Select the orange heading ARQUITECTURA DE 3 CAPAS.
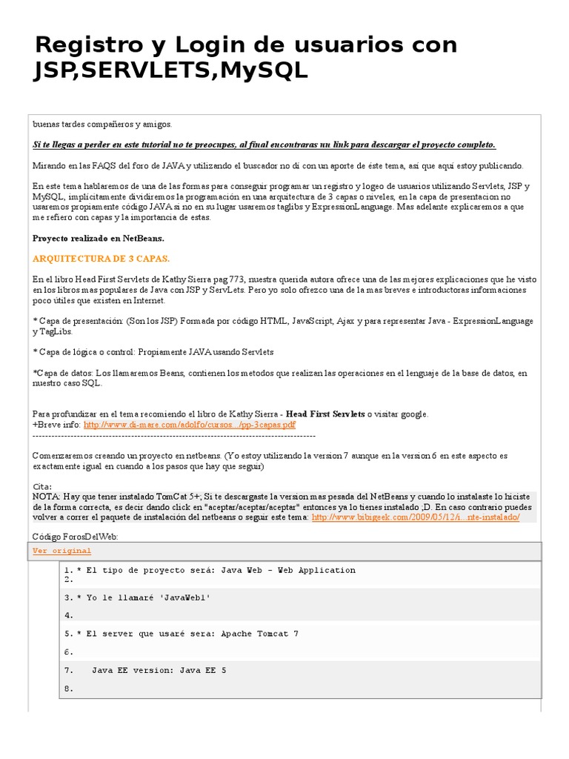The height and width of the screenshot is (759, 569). [x=102, y=259]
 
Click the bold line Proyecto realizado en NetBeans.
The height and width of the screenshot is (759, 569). [x=98, y=239]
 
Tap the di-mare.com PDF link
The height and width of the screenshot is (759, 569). [x=189, y=425]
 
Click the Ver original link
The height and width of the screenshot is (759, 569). [x=62, y=551]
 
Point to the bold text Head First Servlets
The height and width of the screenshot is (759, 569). [x=326, y=414]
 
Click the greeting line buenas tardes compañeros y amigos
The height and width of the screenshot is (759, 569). [x=102, y=124]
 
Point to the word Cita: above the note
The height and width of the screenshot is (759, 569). [x=43, y=486]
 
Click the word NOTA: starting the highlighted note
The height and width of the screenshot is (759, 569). [x=47, y=496]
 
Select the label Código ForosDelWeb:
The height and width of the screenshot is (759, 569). [x=75, y=536]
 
